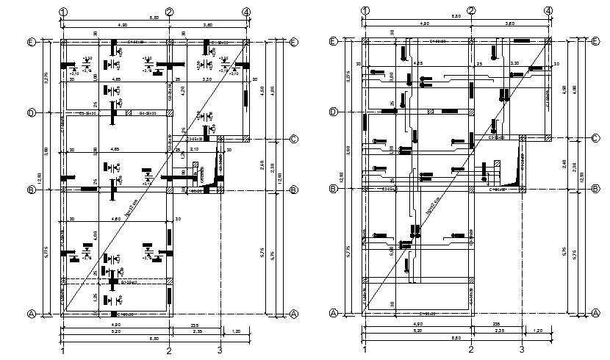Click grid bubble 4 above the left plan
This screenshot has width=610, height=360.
(x=246, y=12)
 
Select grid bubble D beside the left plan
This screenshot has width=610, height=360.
(x=32, y=112)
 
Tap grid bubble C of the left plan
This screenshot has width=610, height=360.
(x=293, y=138)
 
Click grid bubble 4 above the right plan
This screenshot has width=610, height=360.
(x=548, y=11)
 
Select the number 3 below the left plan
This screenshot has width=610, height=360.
(x=220, y=351)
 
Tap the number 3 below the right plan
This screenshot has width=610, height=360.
(x=521, y=351)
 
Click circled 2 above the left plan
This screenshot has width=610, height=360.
(x=169, y=12)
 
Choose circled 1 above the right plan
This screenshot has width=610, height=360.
(x=365, y=11)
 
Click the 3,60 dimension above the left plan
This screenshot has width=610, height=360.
(x=207, y=25)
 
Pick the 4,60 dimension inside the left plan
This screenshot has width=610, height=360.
(x=117, y=218)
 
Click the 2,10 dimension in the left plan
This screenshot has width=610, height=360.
(x=194, y=149)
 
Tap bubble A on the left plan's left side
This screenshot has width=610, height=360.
(x=32, y=314)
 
